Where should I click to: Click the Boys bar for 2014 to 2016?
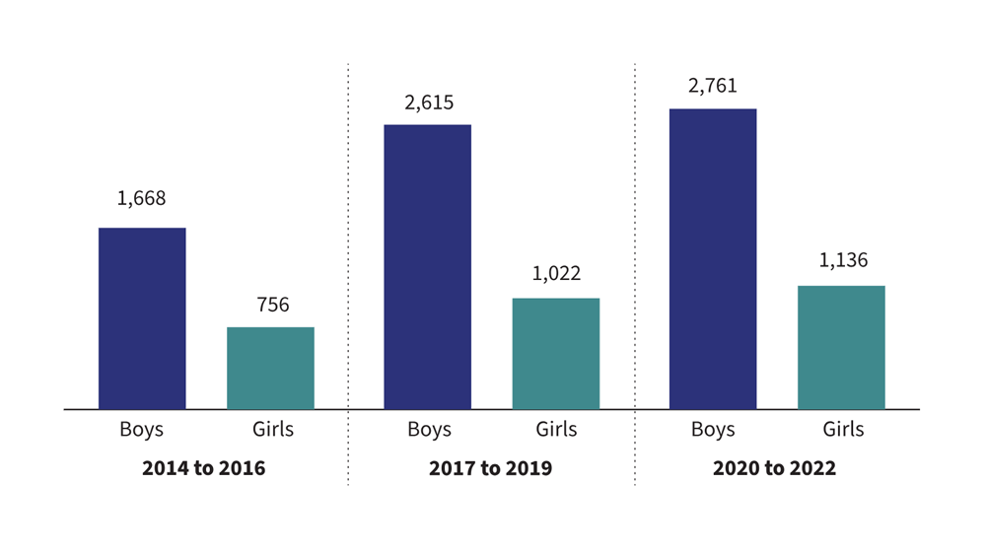[x=142, y=318]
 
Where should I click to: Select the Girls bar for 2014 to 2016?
[x=270, y=368]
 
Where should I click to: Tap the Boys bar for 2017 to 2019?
[x=427, y=266]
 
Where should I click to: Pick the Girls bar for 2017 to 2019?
[x=556, y=353]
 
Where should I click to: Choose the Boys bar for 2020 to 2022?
[x=713, y=258]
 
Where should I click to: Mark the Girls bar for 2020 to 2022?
[x=841, y=347]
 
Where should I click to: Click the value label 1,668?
[x=142, y=198]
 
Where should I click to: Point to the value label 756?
[x=273, y=305]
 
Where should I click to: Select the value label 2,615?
[x=429, y=103]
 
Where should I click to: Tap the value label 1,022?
[x=556, y=274]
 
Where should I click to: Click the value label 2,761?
[x=713, y=87]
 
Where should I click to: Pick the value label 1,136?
[x=843, y=261]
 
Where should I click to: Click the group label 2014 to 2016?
[x=204, y=468]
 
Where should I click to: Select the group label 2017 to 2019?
[x=490, y=468]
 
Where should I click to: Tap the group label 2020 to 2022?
[x=774, y=468]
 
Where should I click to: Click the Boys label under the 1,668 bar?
[x=142, y=430]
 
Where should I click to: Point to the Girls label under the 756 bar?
[x=271, y=430]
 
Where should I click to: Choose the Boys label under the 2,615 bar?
[x=429, y=430]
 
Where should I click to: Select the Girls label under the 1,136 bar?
[x=843, y=430]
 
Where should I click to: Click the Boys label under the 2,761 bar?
[x=713, y=430]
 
